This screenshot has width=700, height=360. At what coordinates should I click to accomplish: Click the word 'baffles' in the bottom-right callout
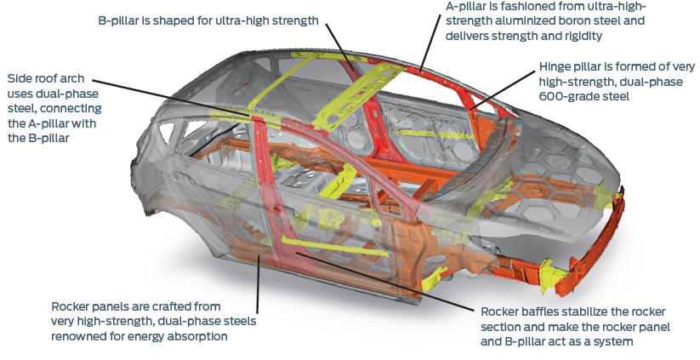(538, 311)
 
